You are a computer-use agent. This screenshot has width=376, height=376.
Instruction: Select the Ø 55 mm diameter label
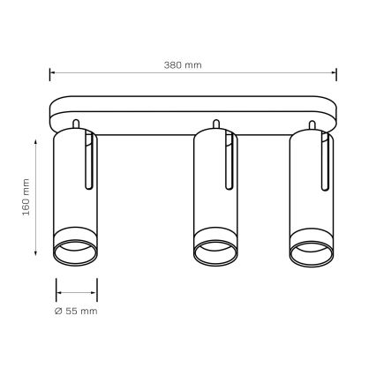pos(74,312)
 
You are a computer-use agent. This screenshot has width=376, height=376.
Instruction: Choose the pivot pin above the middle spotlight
pos(215,122)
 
